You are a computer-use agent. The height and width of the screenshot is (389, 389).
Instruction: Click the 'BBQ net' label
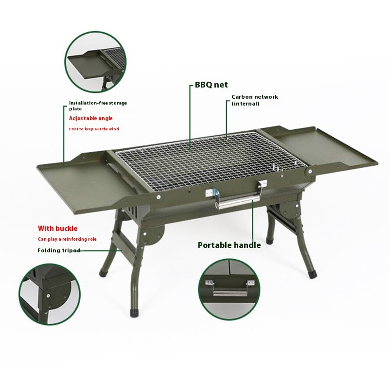tap(211, 85)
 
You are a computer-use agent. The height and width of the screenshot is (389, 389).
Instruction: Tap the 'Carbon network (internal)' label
tap(254, 100)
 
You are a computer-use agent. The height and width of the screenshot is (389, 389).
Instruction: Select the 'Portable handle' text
tap(229, 245)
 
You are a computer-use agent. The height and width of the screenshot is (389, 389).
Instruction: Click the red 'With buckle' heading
tap(58, 228)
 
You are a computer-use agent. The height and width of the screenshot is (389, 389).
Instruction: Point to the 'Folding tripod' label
tap(59, 250)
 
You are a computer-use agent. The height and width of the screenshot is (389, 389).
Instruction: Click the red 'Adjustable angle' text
tap(90, 118)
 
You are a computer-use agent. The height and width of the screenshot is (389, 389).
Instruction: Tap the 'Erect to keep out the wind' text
tap(93, 129)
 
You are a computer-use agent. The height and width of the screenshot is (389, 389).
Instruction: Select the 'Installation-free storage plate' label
tap(97, 106)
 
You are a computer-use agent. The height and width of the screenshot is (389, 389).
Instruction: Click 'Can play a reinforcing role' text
tap(67, 239)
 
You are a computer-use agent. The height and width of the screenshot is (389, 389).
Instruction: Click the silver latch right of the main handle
tap(262, 185)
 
